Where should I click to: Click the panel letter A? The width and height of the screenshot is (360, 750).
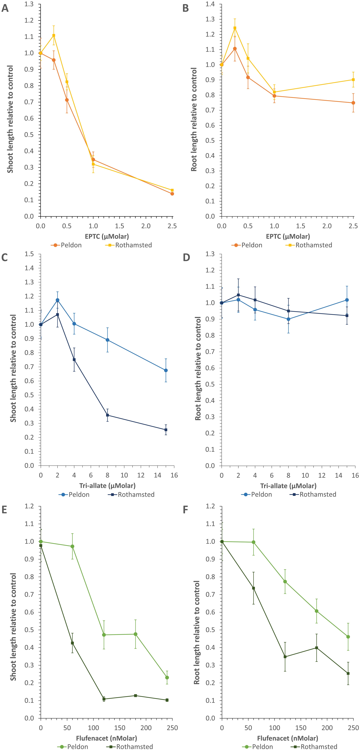click(x=5, y=8)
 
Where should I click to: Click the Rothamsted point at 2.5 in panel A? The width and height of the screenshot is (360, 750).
click(x=172, y=190)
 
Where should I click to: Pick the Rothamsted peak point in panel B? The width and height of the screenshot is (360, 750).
click(x=235, y=28)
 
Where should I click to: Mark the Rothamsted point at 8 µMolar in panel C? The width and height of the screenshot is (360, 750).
click(x=107, y=415)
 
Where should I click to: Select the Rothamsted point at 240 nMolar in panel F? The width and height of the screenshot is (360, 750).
click(x=348, y=673)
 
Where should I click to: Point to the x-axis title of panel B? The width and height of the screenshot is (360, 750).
click(x=288, y=236)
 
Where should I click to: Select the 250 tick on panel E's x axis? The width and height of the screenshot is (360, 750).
click(x=172, y=728)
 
